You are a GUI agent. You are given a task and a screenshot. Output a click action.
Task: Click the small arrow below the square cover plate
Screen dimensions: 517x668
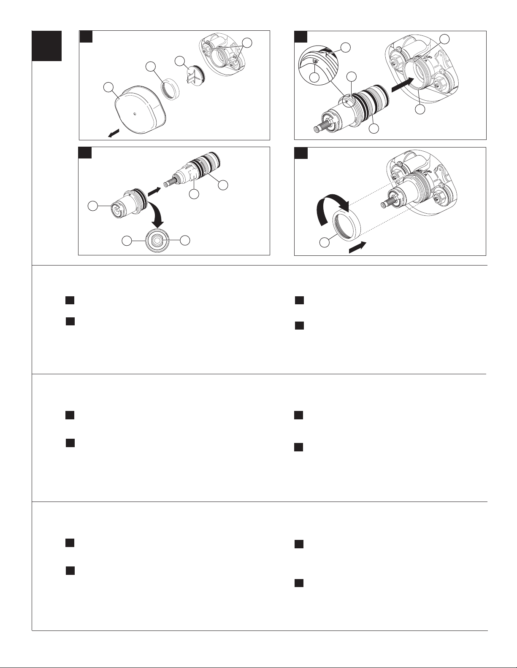pos(113,133)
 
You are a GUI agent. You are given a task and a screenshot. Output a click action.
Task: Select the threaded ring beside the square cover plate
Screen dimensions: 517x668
pos(171,89)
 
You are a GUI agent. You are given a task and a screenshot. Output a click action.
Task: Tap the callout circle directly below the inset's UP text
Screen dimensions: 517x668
pos(314,77)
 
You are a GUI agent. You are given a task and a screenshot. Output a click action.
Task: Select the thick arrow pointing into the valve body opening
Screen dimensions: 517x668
pos(402,84)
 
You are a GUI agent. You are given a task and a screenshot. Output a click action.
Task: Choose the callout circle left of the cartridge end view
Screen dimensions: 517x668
pos(127,241)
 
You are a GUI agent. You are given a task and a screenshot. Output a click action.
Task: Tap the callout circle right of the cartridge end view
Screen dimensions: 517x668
pos(185,240)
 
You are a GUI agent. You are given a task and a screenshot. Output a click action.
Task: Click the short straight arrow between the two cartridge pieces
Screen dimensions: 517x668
pos(154,191)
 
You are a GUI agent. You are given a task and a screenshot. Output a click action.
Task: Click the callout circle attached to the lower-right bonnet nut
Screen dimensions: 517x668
pos(324,242)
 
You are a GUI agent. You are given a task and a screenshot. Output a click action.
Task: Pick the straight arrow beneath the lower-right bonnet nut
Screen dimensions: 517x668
pos(357,247)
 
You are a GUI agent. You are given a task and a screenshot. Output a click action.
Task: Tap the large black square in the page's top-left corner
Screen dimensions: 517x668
pos(47,46)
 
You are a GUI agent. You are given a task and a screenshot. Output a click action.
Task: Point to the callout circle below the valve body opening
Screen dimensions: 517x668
pos(420,109)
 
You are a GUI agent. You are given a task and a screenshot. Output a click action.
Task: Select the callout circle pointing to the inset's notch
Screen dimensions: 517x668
pos(346,47)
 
